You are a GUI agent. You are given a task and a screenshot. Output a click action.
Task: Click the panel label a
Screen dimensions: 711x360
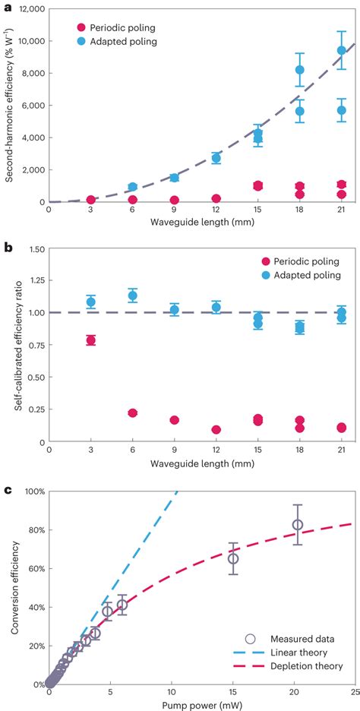(7, 6)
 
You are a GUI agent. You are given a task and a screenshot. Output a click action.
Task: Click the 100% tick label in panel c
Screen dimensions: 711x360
(33, 491)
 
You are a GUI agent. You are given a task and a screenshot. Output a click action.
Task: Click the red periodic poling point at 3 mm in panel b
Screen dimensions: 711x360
(91, 340)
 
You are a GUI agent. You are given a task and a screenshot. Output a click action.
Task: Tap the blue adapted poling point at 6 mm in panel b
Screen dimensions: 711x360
(132, 295)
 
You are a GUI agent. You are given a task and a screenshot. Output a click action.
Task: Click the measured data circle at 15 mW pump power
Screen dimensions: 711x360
(233, 558)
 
